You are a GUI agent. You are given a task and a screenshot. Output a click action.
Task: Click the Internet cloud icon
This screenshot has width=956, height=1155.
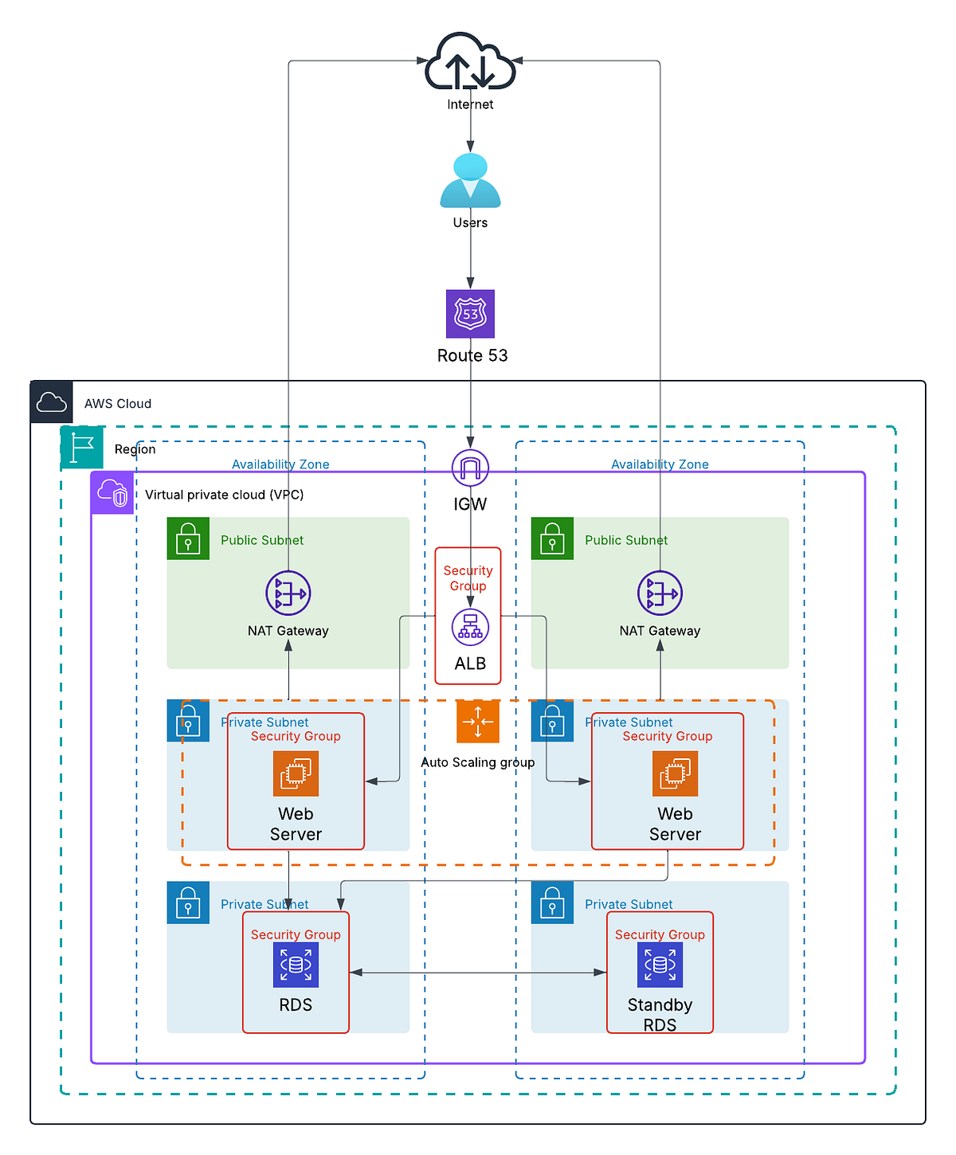click(470, 62)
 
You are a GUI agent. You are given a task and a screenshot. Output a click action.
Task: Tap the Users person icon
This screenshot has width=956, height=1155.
click(470, 181)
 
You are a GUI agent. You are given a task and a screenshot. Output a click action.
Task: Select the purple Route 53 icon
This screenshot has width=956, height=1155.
click(470, 314)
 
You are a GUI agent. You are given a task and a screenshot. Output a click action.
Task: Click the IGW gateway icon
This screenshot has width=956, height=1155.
click(470, 468)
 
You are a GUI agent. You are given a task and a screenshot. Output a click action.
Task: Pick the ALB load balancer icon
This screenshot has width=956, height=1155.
click(470, 627)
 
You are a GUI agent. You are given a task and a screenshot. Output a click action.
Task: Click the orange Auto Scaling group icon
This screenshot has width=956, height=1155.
click(478, 722)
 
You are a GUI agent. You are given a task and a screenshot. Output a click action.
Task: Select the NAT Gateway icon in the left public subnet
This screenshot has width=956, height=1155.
click(288, 593)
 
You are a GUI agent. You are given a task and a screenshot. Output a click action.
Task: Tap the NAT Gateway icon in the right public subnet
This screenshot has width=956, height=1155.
click(660, 593)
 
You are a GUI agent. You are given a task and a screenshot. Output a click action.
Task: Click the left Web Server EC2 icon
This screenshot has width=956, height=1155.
click(296, 773)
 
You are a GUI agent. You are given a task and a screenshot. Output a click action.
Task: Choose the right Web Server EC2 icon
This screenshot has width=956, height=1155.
click(675, 773)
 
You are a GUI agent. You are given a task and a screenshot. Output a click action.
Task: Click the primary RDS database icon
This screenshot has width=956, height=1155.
click(296, 965)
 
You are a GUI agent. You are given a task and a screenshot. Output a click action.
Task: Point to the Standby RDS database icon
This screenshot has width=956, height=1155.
click(660, 965)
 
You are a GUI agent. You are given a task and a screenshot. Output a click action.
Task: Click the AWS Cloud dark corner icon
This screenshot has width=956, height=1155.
click(52, 402)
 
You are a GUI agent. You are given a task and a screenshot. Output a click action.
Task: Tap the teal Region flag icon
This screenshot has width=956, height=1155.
click(82, 448)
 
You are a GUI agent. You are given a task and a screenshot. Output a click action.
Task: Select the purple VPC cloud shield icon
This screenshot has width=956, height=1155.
click(112, 493)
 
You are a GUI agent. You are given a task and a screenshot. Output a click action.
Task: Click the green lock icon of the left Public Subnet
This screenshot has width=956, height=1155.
click(188, 538)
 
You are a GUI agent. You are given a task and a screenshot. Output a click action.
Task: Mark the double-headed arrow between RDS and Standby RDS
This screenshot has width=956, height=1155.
click(478, 973)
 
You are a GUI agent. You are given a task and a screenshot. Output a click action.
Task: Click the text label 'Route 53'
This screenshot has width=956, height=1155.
click(472, 355)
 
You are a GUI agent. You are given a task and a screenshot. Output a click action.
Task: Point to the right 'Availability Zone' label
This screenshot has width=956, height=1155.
click(660, 464)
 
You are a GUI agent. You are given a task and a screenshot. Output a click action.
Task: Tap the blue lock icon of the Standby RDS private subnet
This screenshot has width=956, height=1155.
click(552, 902)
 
